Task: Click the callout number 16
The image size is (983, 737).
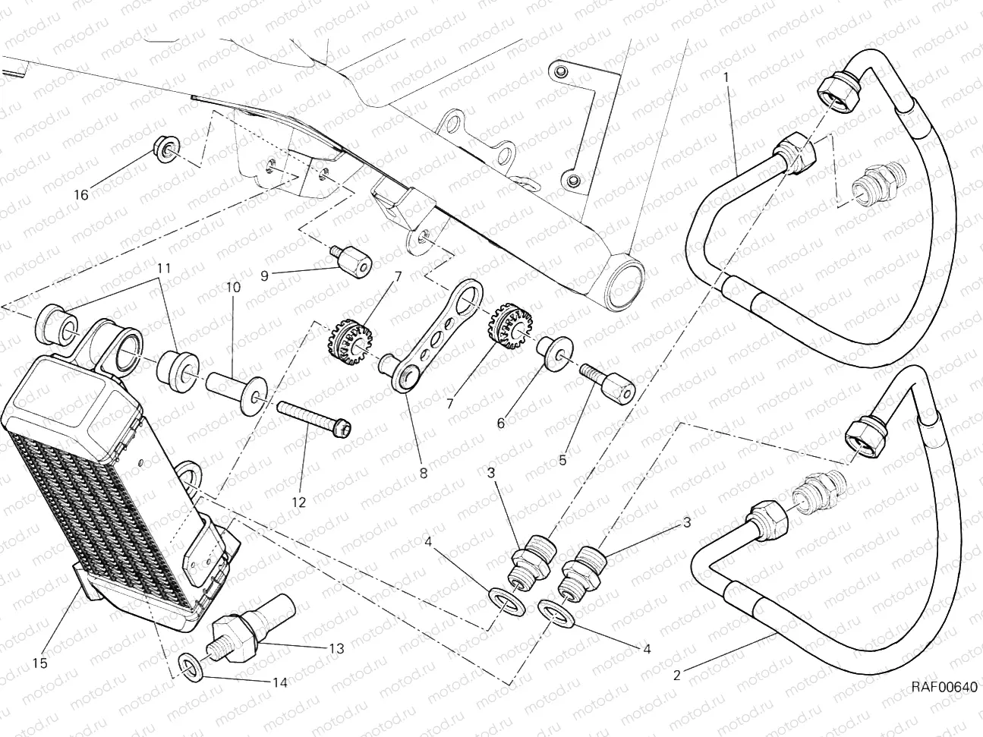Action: pos(80,195)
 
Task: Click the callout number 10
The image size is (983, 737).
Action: pos(232,288)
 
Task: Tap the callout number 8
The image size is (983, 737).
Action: pos(422,473)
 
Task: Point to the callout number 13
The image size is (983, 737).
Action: pos(336,649)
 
